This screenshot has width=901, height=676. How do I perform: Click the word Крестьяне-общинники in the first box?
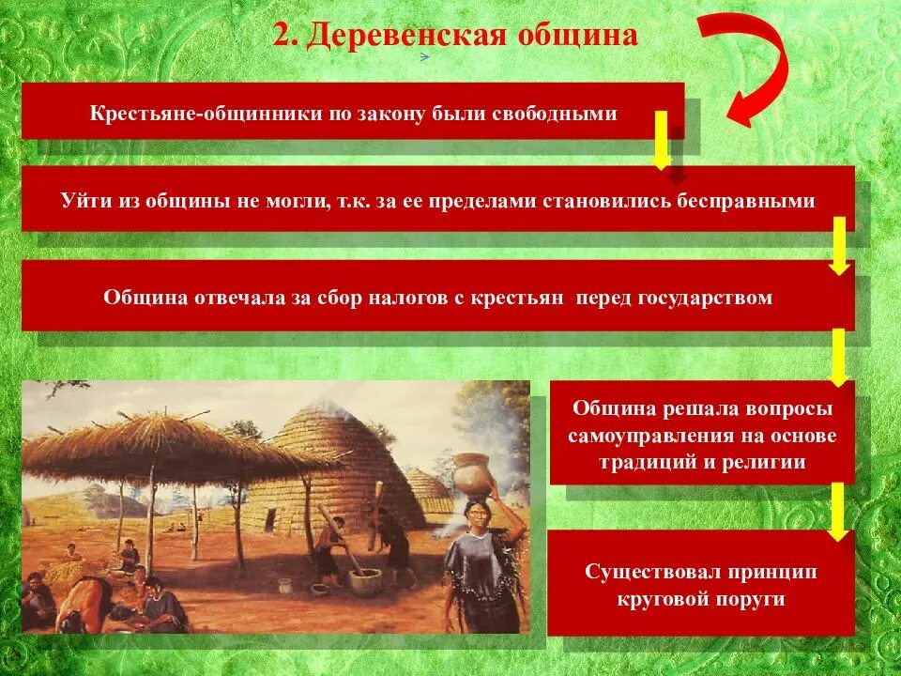180,114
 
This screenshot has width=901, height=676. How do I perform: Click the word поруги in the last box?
751,599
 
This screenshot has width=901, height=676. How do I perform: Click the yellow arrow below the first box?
661,139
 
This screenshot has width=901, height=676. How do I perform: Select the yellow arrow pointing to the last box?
838,512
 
